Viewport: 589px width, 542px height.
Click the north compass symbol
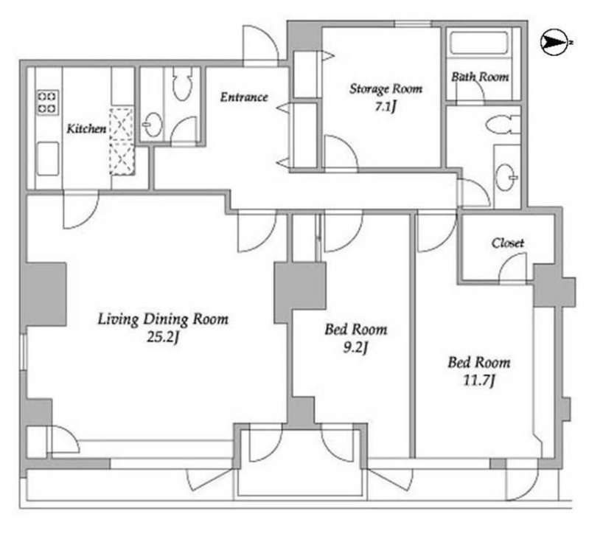coord(554,44)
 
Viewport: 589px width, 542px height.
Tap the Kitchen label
coord(86,129)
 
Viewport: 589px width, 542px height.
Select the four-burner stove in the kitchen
coord(48,103)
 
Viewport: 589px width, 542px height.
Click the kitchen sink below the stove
coord(48,159)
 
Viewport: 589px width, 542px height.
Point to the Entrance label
coord(244,97)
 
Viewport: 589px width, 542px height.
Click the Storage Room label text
coord(386,89)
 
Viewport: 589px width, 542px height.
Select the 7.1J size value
coord(385,108)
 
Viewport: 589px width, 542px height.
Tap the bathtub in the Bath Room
coord(479,44)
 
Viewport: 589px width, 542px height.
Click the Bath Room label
coord(480,77)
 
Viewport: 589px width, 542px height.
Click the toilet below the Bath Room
coord(502,125)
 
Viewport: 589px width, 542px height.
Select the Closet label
coord(507,243)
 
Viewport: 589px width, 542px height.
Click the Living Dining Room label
coord(163,319)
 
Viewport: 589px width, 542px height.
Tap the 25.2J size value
coord(163,338)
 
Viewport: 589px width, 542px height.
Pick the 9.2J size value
coord(355,348)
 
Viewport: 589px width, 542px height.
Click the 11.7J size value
coord(478,381)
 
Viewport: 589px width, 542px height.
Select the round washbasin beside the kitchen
coord(153,125)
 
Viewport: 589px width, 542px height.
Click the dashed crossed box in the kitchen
coord(122,142)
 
